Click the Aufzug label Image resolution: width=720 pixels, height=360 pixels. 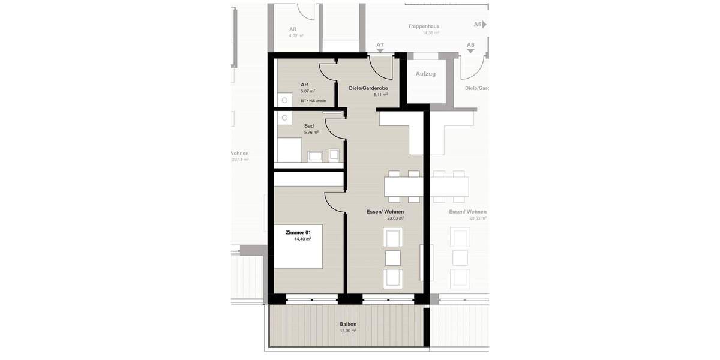coord(425,74)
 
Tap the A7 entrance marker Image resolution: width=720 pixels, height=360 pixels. coord(380,46)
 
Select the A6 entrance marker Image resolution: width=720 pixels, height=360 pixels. coord(470,46)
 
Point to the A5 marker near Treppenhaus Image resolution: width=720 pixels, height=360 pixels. coord(478,25)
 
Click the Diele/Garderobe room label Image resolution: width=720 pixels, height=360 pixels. coord(368,88)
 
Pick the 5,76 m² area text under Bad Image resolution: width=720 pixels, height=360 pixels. coord(311,133)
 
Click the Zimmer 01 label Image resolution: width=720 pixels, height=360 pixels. coord(298,232)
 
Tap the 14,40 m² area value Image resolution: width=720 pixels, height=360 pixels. coord(302,239)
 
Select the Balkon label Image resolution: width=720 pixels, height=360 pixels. coord(348,324)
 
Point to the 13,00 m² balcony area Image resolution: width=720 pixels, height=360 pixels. coord(348,331)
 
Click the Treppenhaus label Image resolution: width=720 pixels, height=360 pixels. coord(424,26)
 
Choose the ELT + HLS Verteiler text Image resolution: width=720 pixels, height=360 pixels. coord(313,101)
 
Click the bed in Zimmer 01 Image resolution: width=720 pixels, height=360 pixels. coord(299,246)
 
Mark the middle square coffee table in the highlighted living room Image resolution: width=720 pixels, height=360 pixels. coord(393,258)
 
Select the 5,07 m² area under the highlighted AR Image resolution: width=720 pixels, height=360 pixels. coord(308,92)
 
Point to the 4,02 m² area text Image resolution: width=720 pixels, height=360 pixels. coord(296,35)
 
